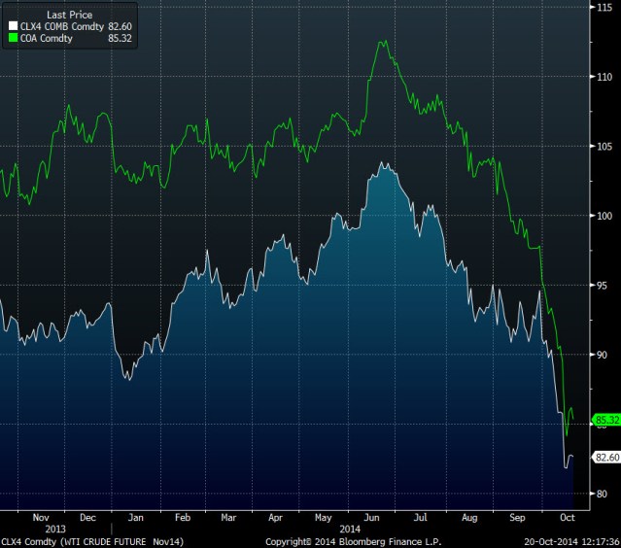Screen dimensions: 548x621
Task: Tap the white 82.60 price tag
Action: tap(605, 458)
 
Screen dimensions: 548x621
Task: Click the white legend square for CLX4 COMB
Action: tap(13, 27)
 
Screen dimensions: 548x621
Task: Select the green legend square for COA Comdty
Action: tap(13, 39)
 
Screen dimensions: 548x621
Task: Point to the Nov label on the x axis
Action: tap(41, 517)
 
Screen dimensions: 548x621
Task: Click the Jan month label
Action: tap(136, 517)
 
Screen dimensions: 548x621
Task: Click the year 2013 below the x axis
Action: tap(41, 529)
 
